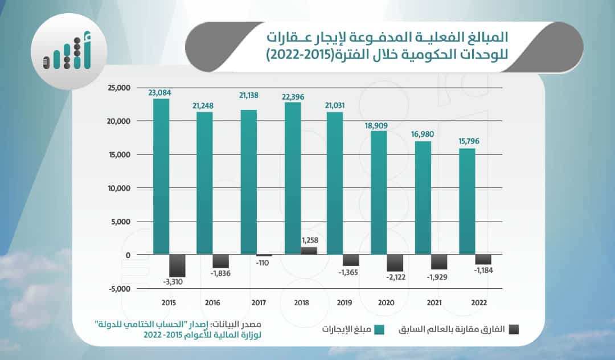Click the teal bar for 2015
click(161, 177)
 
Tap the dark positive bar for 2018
click(309, 251)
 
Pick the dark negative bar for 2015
click(178, 265)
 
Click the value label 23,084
click(160, 92)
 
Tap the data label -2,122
click(397, 277)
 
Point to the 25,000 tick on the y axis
click(119, 88)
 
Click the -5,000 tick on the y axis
click(120, 289)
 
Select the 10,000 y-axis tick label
click(119, 188)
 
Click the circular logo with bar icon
click(69, 56)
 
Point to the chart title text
click(387, 47)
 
